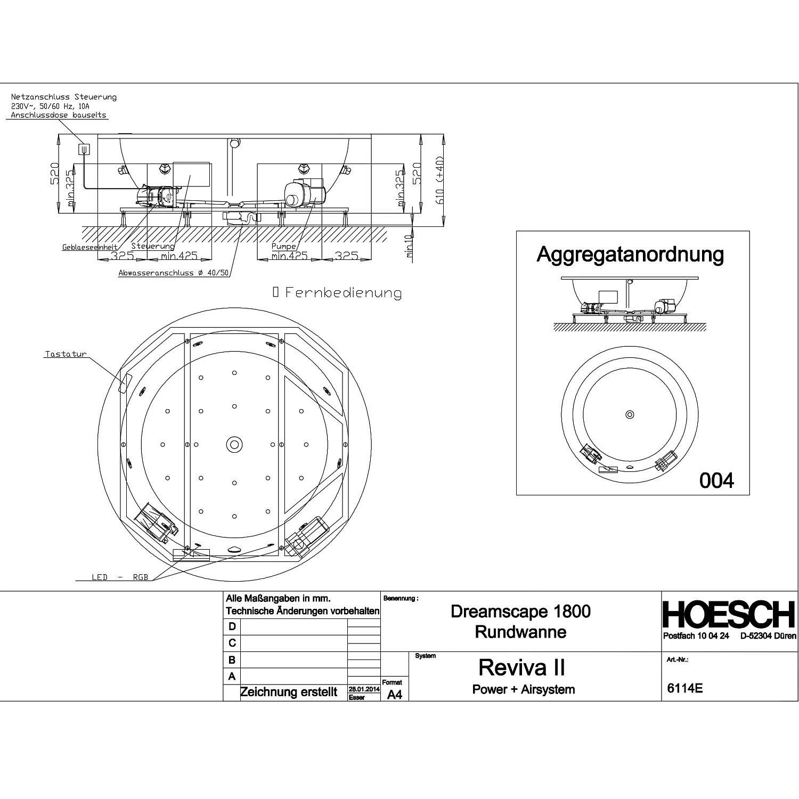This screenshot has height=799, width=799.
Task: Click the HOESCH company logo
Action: tap(729, 615)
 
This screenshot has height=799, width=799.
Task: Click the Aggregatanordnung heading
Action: tap(630, 254)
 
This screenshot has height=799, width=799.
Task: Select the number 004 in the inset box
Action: tap(716, 480)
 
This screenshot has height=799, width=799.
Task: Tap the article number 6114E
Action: tap(684, 688)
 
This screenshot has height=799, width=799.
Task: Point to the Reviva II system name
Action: tap(521, 667)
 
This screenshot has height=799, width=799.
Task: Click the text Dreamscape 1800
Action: tap(520, 611)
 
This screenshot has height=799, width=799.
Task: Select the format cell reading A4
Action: tap(394, 695)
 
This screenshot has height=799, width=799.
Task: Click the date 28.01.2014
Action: tap(364, 689)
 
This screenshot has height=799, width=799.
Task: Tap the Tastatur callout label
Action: tap(66, 354)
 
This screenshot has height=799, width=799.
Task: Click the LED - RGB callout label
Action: tap(120, 577)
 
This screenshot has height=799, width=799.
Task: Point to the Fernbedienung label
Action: tap(343, 292)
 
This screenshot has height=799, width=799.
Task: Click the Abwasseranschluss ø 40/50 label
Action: tap(174, 273)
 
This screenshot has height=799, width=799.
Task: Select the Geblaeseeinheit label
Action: tap(89, 248)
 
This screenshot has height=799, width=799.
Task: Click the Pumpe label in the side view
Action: tap(283, 247)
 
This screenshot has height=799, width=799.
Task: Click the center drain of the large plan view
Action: tap(233, 444)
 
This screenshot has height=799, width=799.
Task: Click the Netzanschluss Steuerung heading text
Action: tap(64, 97)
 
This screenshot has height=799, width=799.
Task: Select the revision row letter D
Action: tap(232, 626)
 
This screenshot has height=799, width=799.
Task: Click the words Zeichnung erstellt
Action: tap(289, 692)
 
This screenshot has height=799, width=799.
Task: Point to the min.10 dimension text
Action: tap(409, 246)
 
